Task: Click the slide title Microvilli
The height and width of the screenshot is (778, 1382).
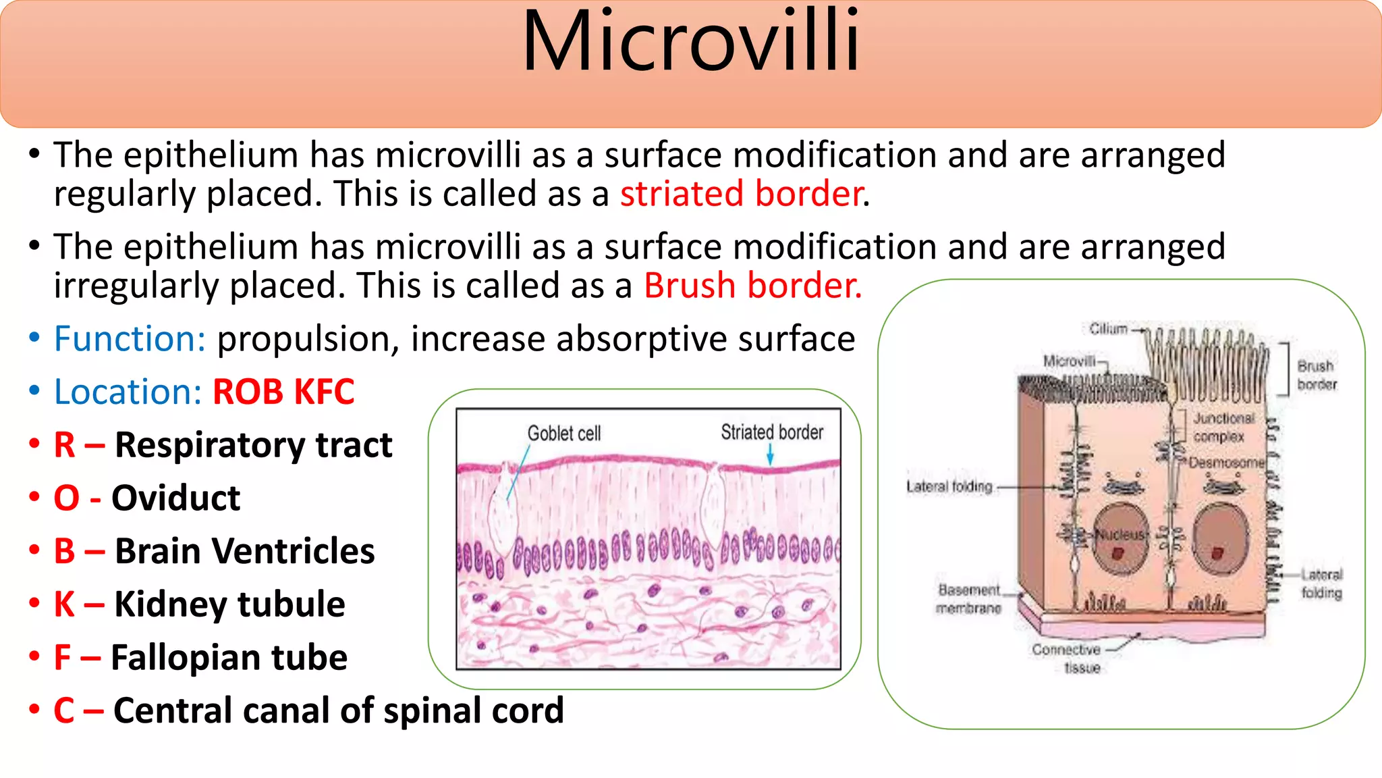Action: point(691,42)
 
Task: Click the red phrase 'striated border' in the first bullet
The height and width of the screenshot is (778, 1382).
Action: point(741,194)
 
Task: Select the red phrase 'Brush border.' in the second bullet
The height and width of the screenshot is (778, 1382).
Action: point(752,286)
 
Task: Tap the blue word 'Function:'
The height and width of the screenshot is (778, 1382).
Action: point(130,339)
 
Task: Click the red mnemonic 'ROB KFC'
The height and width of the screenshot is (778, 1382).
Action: point(283,392)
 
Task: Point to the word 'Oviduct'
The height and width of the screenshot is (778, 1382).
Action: point(175,498)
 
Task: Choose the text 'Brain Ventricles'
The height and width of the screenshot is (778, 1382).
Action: point(244,551)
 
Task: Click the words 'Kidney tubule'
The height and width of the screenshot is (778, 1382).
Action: point(229,604)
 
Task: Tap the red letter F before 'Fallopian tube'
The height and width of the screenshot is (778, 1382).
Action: point(63,658)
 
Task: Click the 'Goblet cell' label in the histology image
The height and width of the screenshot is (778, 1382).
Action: point(563,434)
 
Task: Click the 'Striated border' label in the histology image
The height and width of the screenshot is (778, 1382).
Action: point(772,432)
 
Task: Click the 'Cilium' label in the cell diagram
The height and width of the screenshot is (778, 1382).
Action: point(1108,329)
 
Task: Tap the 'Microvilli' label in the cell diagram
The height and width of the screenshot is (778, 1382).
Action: point(1069,361)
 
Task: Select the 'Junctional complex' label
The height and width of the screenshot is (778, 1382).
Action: point(1223,427)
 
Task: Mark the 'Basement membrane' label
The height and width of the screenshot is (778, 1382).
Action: point(969,599)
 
